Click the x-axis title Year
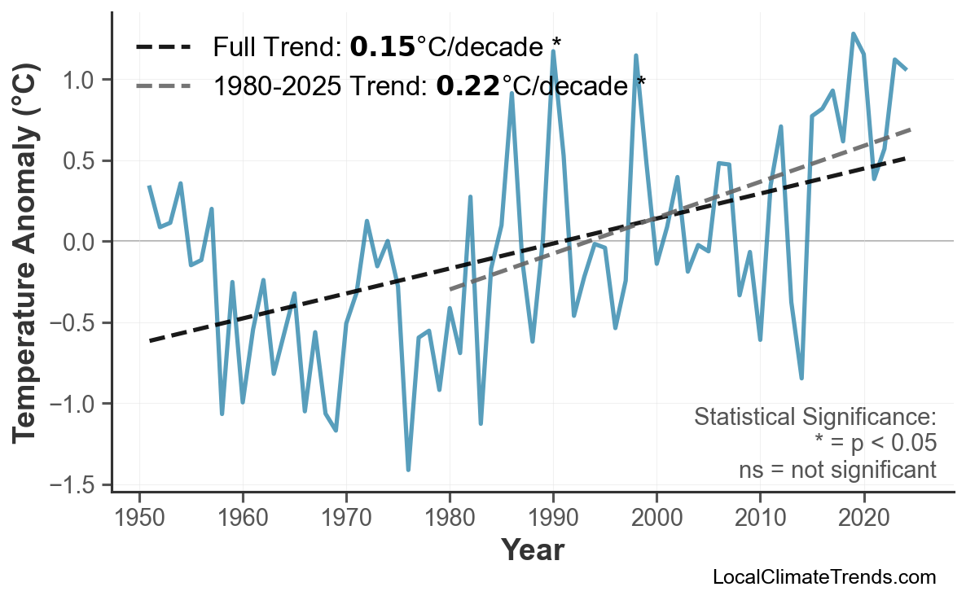point(532,550)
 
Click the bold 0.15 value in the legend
point(382,47)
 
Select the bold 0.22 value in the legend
point(468,85)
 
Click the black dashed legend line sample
point(163,47)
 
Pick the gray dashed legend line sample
point(163,85)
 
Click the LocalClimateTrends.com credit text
point(823,577)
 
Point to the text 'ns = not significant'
point(837,470)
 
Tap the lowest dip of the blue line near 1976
point(408,470)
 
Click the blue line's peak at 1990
point(553,51)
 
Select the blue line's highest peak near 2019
point(853,33)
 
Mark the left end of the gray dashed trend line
point(450,289)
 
